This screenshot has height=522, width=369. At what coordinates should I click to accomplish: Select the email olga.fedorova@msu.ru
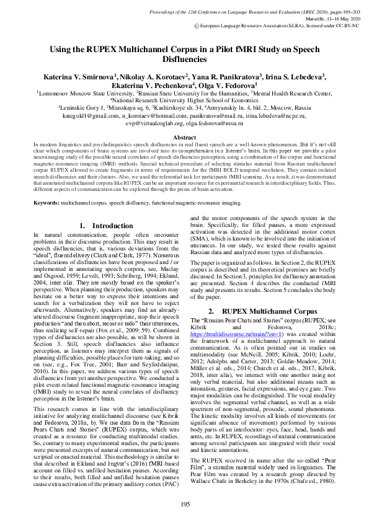[x=213, y=123]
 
